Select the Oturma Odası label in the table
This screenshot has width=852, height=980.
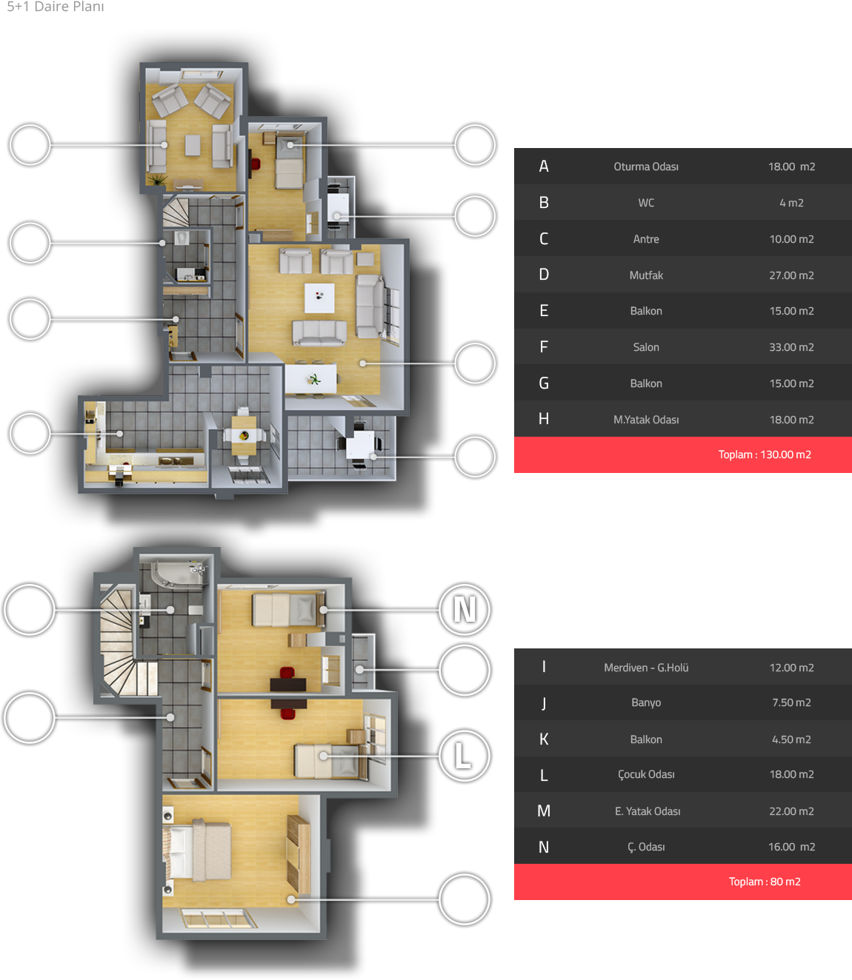click(x=645, y=167)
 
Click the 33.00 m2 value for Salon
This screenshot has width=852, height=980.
click(x=791, y=347)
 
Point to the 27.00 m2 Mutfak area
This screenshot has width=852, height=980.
click(x=791, y=275)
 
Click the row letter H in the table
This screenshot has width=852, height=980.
click(x=543, y=419)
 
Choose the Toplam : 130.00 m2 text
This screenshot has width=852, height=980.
click(x=765, y=454)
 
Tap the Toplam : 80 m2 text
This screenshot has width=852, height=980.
click(x=765, y=882)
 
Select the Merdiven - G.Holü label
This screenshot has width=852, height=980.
click(x=645, y=667)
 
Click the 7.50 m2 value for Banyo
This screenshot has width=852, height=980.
click(x=791, y=702)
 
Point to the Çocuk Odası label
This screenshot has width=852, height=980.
click(x=645, y=774)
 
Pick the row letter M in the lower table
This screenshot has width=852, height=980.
click(x=543, y=810)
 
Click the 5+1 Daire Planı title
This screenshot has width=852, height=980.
click(x=55, y=6)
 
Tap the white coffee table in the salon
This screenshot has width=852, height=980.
click(x=319, y=298)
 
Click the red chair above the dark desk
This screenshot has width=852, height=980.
click(x=287, y=673)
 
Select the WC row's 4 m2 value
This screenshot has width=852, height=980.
click(x=791, y=203)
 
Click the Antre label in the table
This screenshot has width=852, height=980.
click(x=645, y=239)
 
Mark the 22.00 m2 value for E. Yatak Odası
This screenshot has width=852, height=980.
click(x=791, y=811)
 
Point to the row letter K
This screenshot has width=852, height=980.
click(x=543, y=739)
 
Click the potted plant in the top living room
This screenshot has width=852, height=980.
click(x=157, y=180)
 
